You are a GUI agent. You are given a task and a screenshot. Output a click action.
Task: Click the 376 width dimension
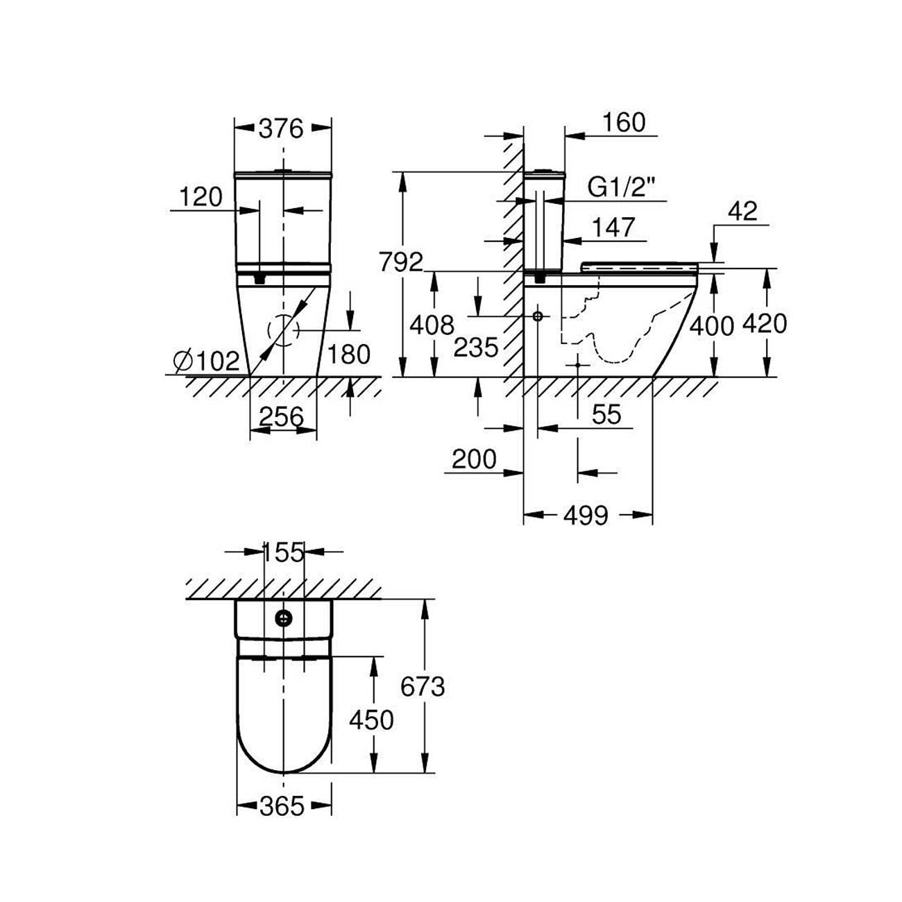[x=282, y=129]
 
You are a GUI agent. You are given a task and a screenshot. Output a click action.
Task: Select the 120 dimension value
[x=201, y=197]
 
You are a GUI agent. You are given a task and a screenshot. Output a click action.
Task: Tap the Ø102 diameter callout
[x=206, y=361]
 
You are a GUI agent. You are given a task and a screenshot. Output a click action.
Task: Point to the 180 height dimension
[x=349, y=355]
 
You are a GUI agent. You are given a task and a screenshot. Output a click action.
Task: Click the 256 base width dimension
[x=282, y=416]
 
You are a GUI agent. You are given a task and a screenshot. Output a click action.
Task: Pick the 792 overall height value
[x=401, y=262]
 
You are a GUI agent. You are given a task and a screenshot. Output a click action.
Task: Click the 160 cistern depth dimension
[x=624, y=123]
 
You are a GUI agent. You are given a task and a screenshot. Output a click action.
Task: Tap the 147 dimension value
[x=613, y=228]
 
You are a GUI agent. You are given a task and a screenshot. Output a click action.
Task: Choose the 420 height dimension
[x=765, y=324]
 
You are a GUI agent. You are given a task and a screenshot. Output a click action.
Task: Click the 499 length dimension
[x=586, y=516]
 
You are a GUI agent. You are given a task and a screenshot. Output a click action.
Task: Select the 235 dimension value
[x=476, y=348]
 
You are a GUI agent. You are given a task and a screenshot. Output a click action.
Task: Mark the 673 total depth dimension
[x=423, y=687]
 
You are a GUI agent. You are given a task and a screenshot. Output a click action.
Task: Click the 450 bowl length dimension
[x=371, y=720]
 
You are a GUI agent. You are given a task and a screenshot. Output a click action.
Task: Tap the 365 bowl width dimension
[x=282, y=806]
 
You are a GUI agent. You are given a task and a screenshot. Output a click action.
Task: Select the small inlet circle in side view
[x=538, y=316]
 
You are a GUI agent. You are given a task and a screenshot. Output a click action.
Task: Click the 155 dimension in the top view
[x=284, y=552]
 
